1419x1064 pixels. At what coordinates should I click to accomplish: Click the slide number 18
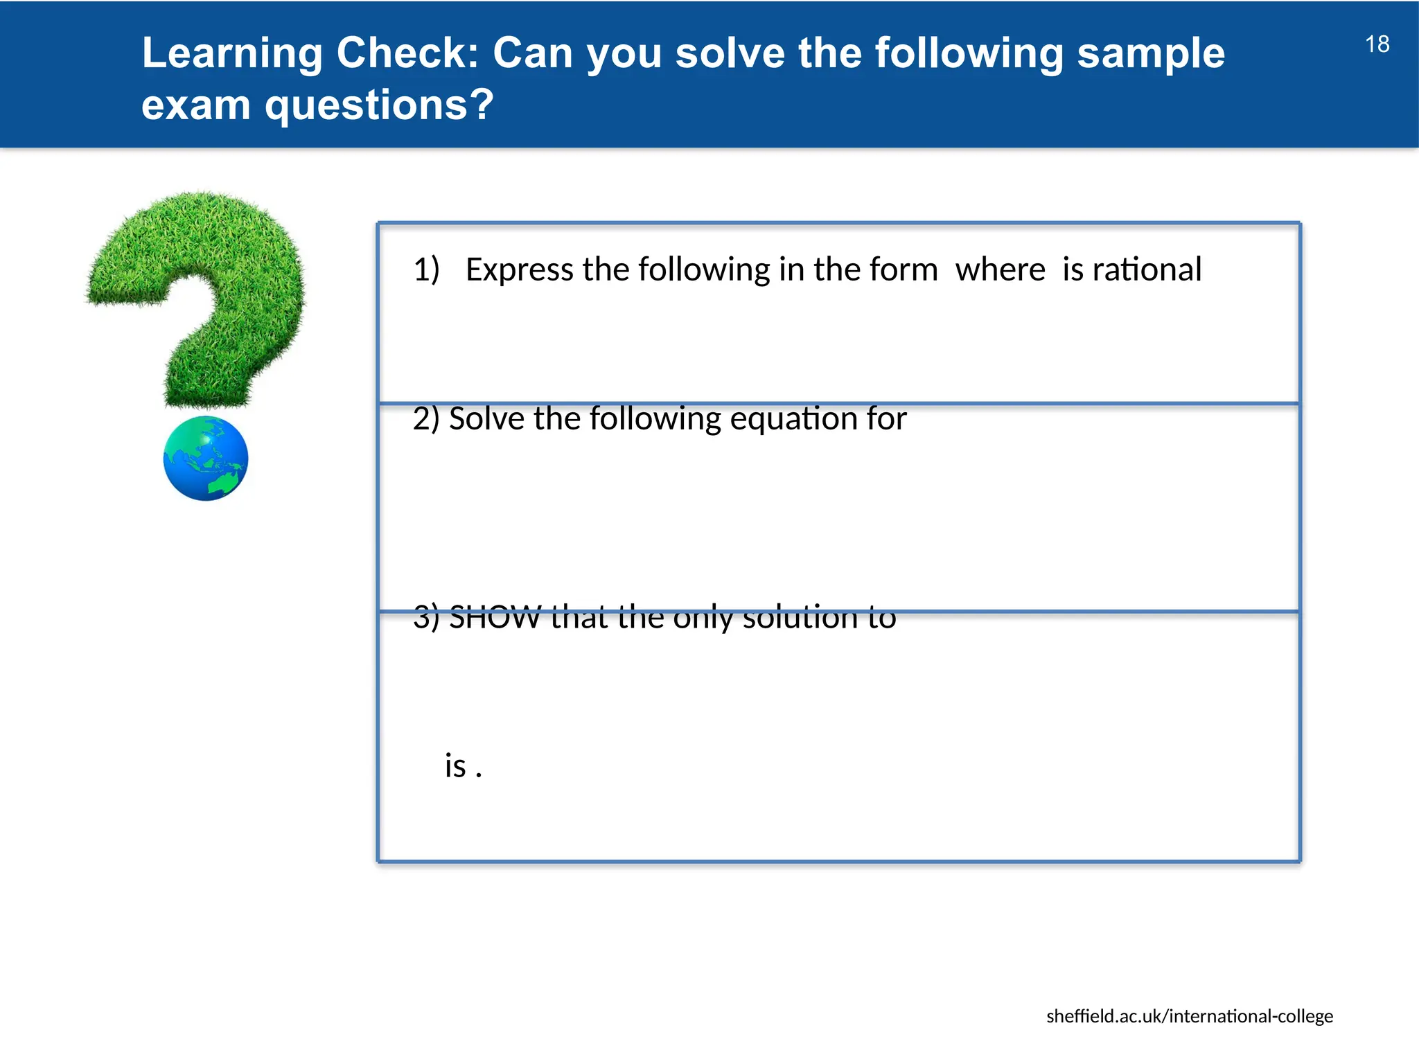pyautogui.click(x=1377, y=44)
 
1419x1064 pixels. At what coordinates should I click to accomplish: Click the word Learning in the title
pyautogui.click(x=232, y=53)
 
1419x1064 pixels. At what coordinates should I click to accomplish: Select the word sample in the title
pyautogui.click(x=1151, y=53)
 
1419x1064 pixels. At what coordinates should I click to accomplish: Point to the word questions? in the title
pyautogui.click(x=379, y=105)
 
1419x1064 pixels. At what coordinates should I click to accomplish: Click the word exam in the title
pyautogui.click(x=195, y=105)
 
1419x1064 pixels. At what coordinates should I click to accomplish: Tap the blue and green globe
pyautogui.click(x=206, y=459)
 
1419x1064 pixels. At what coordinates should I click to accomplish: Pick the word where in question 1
pyautogui.click(x=1000, y=269)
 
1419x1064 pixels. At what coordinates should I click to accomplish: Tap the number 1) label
pyautogui.click(x=426, y=269)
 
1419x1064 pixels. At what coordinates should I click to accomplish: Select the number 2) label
pyautogui.click(x=425, y=419)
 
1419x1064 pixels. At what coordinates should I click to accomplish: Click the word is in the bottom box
pyautogui.click(x=455, y=766)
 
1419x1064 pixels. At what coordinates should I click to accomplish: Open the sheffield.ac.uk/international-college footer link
pyautogui.click(x=1189, y=1016)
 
